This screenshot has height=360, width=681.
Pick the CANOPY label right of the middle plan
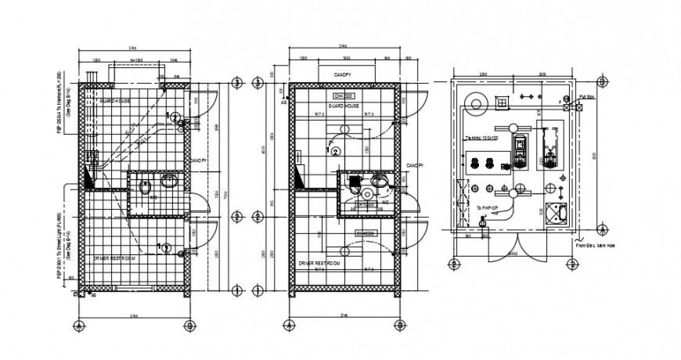[x=415, y=166]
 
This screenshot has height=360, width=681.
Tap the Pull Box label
[x=588, y=97]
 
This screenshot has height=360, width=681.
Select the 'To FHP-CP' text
[x=486, y=207]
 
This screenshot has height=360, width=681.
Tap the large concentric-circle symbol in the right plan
[x=474, y=102]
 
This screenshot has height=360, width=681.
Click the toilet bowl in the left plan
[x=144, y=188]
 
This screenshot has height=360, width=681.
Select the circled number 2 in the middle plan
[x=336, y=151]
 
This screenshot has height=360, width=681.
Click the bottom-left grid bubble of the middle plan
[x=290, y=325]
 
